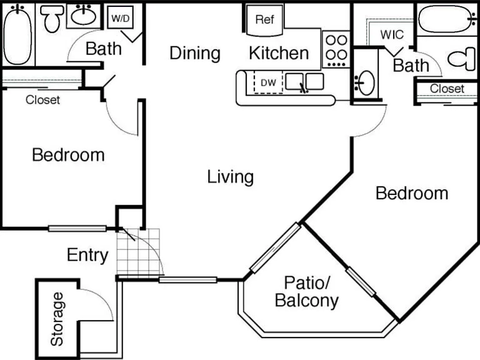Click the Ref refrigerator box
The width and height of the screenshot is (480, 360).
[x=265, y=19]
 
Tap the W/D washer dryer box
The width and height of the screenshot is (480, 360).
[x=121, y=17]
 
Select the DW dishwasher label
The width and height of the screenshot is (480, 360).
[x=269, y=82]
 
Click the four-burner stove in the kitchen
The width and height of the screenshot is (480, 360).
[x=336, y=49]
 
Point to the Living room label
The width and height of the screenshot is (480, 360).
[x=231, y=177]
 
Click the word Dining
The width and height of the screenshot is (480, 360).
[x=195, y=53]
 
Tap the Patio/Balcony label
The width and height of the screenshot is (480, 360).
[x=307, y=291]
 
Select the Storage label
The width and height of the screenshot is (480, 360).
[x=57, y=319]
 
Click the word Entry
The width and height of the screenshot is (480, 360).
[x=87, y=255]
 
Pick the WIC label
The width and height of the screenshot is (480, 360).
[x=392, y=34]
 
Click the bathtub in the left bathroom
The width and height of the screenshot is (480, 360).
[x=17, y=34]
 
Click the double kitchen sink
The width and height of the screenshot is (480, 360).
[x=304, y=82]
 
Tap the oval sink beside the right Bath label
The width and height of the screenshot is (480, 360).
[x=366, y=83]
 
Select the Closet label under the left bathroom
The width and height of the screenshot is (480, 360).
[x=43, y=100]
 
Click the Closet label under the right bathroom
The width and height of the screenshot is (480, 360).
[x=447, y=89]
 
